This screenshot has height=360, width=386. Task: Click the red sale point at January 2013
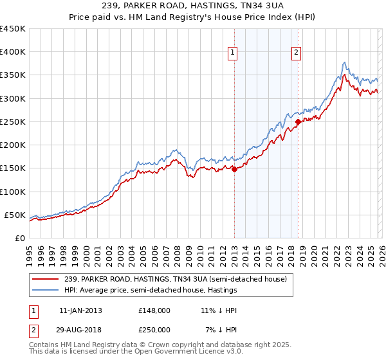tap(234, 169)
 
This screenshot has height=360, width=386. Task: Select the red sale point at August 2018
tap(298, 122)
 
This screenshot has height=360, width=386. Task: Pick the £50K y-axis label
tap(15, 215)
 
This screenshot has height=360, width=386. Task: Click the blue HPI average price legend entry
tap(149, 290)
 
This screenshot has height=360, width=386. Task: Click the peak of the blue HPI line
tap(345, 62)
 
